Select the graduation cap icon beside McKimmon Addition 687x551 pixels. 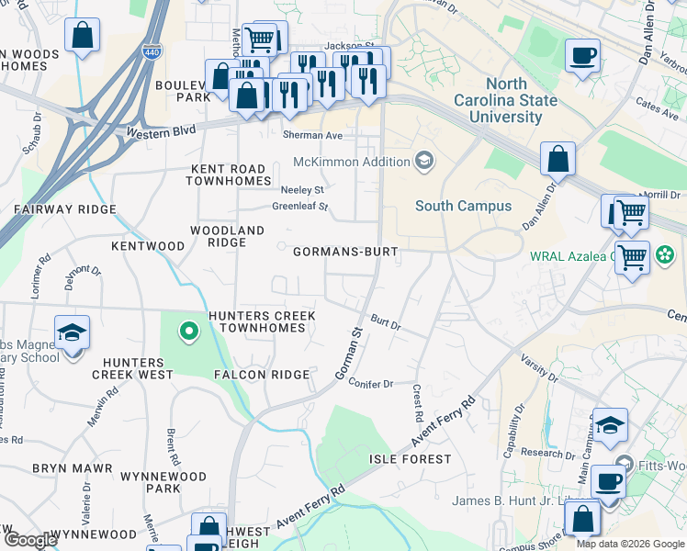pyautogui.click(x=424, y=163)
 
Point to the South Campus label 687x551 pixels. pyautogui.click(x=463, y=206)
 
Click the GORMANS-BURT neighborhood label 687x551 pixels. pyautogui.click(x=344, y=252)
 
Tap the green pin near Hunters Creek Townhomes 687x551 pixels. pyautogui.click(x=188, y=331)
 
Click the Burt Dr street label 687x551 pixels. pyautogui.click(x=386, y=323)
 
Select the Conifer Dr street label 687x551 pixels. pyautogui.click(x=371, y=384)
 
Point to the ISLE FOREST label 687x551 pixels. pyautogui.click(x=410, y=458)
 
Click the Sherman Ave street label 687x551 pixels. pyautogui.click(x=312, y=135)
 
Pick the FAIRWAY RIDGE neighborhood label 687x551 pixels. pyautogui.click(x=65, y=209)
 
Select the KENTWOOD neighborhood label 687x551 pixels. pyautogui.click(x=147, y=246)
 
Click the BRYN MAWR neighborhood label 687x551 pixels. pyautogui.click(x=72, y=468)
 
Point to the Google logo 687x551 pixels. pyautogui.click(x=30, y=540)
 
